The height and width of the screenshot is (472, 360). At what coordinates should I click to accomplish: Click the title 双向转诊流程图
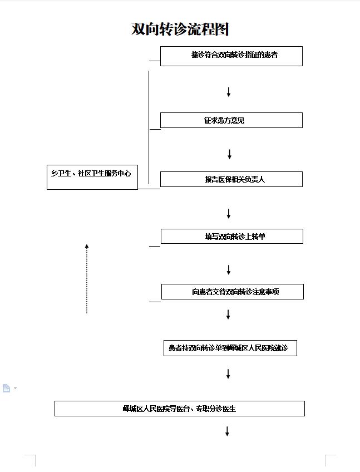click(x=180, y=29)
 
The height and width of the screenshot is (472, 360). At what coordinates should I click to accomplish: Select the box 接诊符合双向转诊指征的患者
click(x=231, y=56)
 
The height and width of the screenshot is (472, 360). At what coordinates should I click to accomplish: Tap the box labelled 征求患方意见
click(x=231, y=120)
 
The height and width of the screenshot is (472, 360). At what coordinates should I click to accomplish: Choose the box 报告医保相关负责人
click(x=231, y=179)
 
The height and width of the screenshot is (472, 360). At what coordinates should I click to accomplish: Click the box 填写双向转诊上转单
click(x=232, y=237)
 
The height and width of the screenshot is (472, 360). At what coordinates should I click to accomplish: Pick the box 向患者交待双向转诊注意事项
click(x=233, y=292)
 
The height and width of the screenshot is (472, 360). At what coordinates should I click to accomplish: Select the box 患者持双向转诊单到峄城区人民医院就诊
click(x=230, y=348)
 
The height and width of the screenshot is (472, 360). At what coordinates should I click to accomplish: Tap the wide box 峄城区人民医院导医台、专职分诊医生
click(x=180, y=409)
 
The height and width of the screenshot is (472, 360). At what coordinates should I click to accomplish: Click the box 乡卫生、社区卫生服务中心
click(x=92, y=177)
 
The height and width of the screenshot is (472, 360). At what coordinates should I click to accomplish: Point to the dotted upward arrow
click(x=87, y=279)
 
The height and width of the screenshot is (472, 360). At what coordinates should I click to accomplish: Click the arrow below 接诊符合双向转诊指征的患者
click(x=229, y=92)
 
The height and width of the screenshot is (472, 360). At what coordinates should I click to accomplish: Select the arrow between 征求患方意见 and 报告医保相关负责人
click(x=229, y=154)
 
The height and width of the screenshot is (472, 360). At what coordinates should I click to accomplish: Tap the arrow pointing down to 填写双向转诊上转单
click(x=229, y=214)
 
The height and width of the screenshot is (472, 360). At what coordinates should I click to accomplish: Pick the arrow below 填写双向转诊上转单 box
click(x=229, y=270)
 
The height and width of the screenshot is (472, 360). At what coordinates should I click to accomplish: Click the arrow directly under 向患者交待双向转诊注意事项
click(x=228, y=314)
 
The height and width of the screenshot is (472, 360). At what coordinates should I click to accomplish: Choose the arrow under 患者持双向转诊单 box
click(x=228, y=374)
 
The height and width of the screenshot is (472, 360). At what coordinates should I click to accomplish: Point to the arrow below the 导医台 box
click(x=227, y=431)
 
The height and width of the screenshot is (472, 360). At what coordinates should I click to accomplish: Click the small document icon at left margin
click(x=6, y=388)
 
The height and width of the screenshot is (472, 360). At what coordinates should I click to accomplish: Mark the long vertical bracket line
click(x=149, y=127)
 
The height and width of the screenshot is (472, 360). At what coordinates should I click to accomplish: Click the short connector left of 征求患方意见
click(x=155, y=129)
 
